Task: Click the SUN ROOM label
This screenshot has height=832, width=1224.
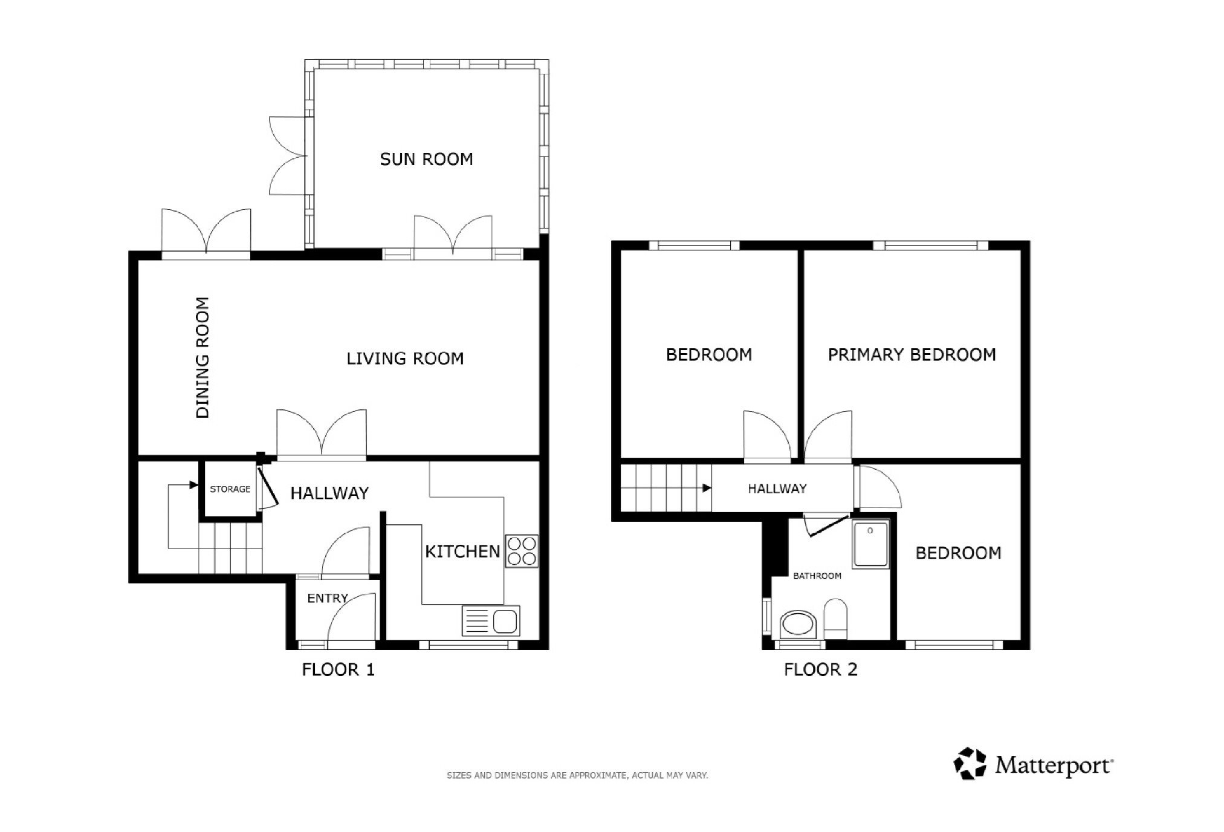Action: tap(426, 159)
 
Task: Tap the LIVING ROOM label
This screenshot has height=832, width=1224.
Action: tap(405, 359)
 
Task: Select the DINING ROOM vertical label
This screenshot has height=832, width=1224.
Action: tap(202, 357)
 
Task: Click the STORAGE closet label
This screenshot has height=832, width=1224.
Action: tap(230, 489)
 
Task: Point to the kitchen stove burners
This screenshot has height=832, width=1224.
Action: tap(522, 551)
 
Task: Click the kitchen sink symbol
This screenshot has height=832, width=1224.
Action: tap(491, 621)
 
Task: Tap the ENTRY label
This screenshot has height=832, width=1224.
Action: tap(328, 598)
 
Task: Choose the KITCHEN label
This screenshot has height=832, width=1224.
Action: tap(462, 551)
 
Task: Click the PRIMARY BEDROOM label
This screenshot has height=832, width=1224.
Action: tap(912, 354)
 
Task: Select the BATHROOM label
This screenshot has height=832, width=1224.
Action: tap(817, 576)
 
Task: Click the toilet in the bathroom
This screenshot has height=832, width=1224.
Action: tap(836, 619)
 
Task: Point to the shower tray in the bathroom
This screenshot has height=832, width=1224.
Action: tap(871, 544)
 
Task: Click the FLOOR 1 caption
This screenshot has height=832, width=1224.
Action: tap(338, 670)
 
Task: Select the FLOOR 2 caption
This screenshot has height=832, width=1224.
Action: tap(821, 670)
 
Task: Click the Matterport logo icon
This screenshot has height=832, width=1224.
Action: tap(970, 764)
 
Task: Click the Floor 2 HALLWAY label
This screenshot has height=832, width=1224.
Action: tap(777, 489)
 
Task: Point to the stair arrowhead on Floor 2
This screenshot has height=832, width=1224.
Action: tap(707, 488)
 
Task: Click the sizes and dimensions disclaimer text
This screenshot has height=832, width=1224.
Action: tap(577, 775)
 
